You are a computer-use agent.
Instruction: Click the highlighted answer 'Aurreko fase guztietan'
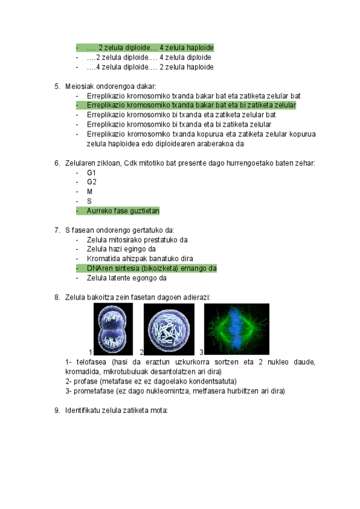point(122,211)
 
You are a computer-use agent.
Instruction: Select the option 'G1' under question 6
point(91,173)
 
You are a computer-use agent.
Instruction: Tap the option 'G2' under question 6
point(91,182)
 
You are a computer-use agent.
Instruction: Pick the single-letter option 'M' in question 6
point(90,192)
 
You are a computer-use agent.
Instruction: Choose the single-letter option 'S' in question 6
point(89,202)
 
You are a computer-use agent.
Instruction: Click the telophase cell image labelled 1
point(113,329)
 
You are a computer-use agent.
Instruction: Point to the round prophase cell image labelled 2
point(169,329)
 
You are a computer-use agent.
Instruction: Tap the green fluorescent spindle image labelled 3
point(236,329)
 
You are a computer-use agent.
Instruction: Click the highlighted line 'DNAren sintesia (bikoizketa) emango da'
point(151,268)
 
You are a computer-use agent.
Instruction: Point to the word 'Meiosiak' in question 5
point(79,86)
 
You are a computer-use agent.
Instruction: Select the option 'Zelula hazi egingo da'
point(121,249)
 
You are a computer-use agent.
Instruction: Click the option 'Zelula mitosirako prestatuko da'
point(137,239)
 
